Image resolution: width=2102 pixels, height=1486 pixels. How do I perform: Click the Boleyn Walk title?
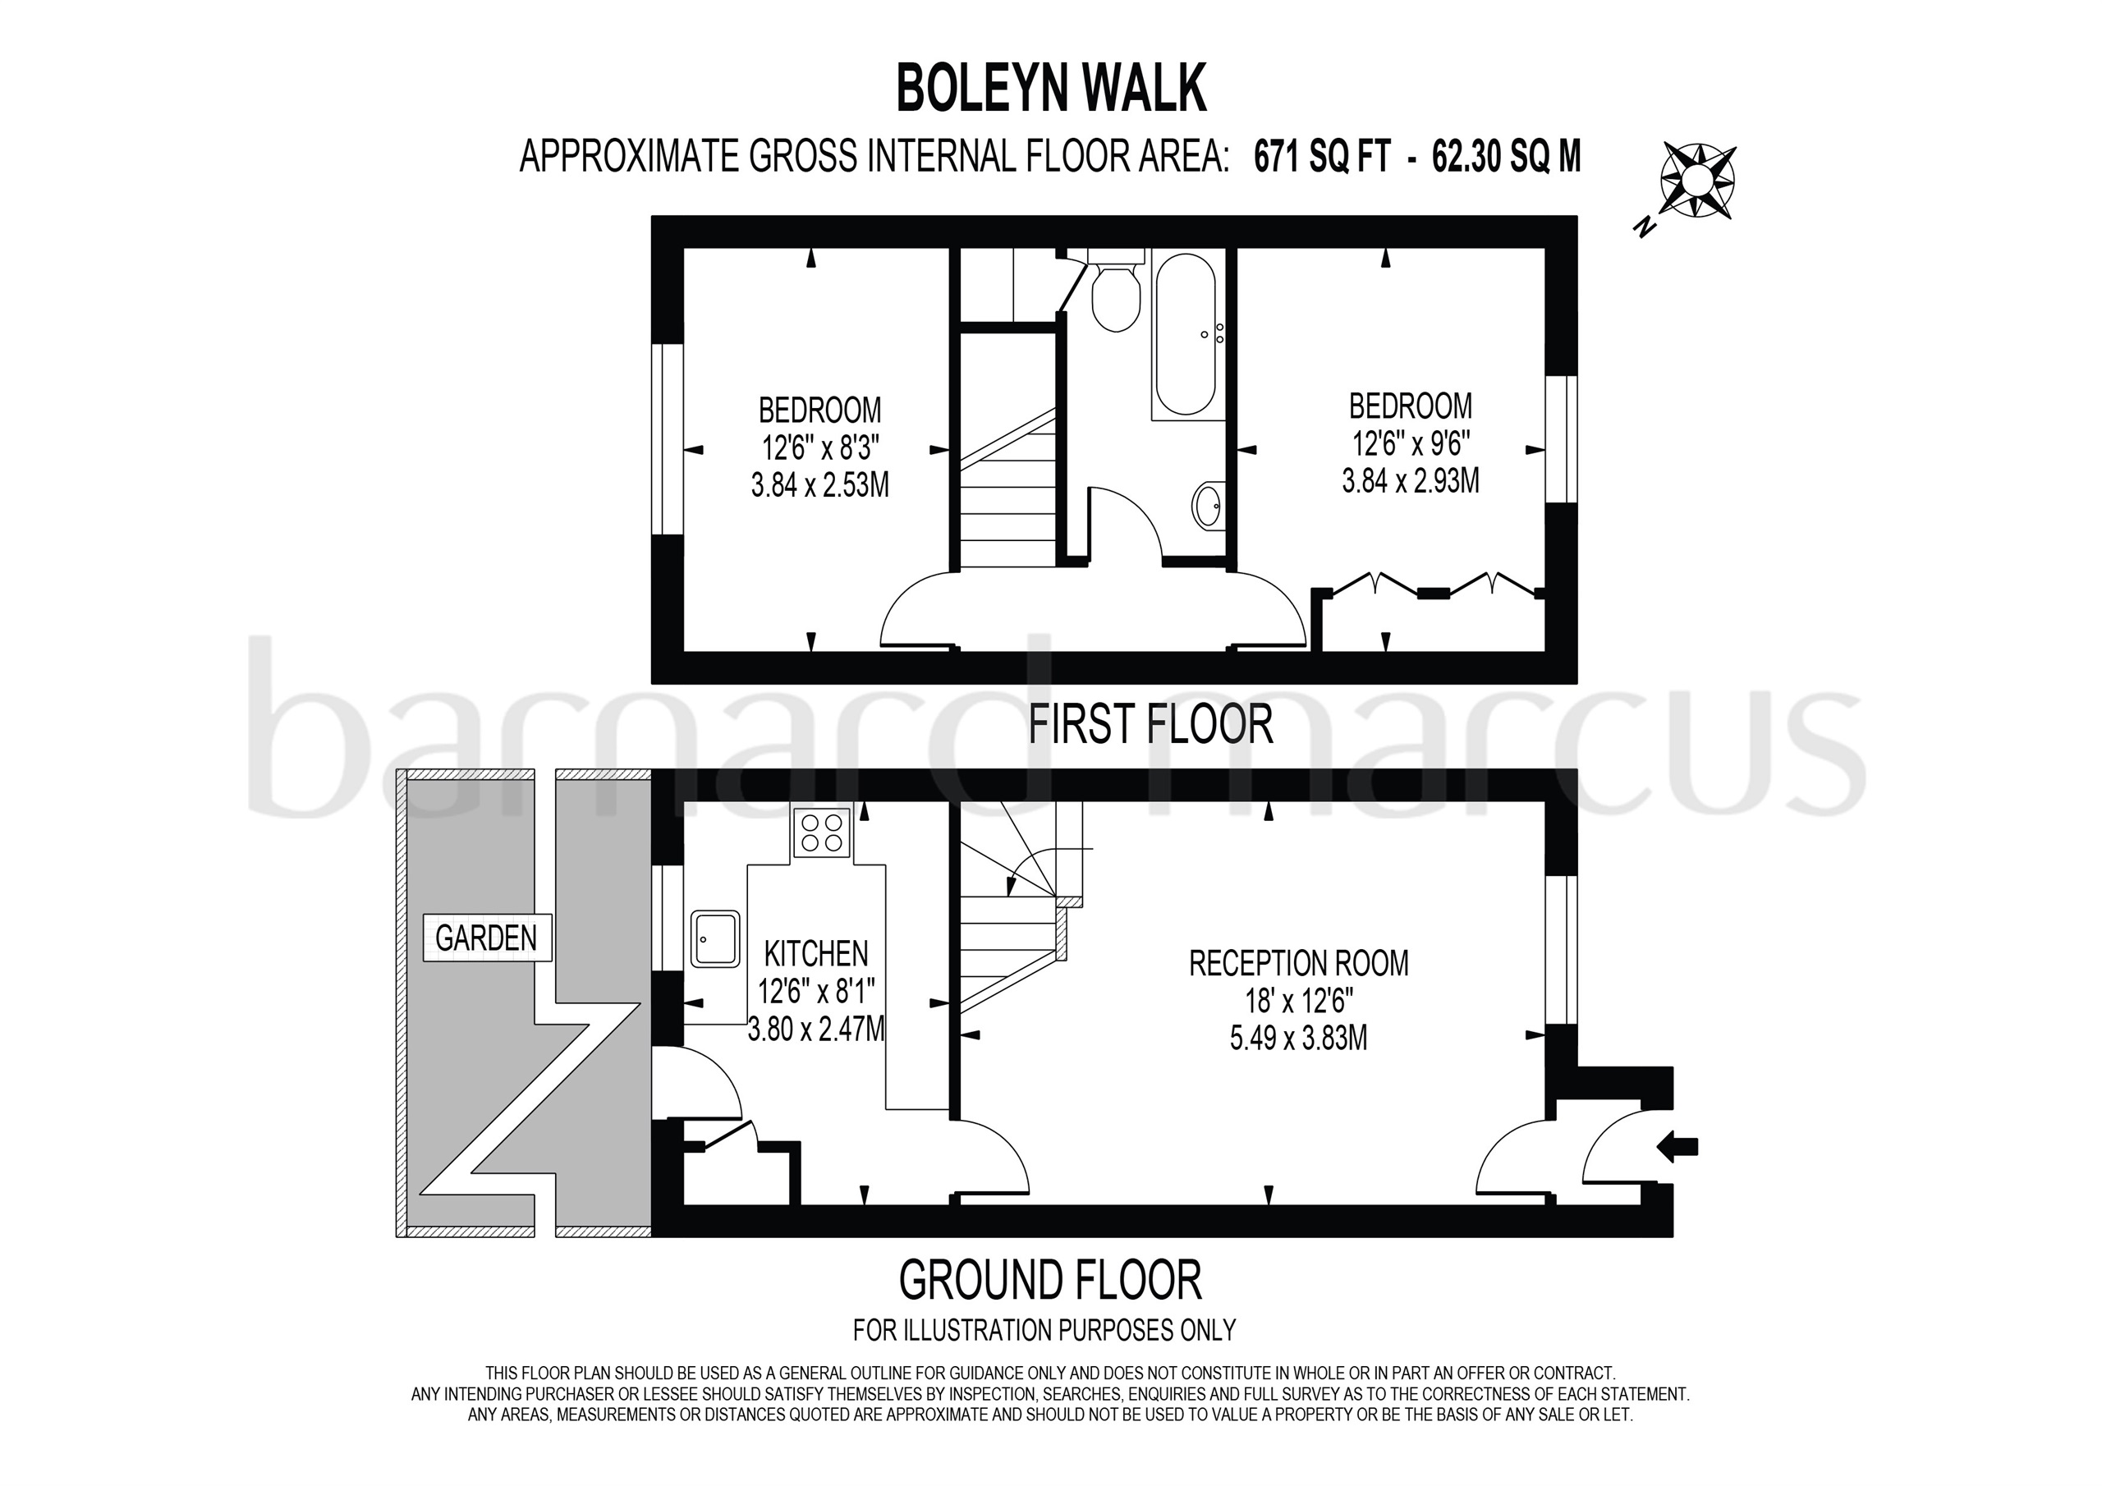pyautogui.click(x=1051, y=89)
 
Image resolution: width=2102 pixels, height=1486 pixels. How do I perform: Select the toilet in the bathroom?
pyautogui.click(x=1115, y=295)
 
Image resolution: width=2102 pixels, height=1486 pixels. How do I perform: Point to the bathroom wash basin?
pyautogui.click(x=1209, y=504)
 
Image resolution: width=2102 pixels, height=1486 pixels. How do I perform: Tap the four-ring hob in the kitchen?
pyautogui.click(x=821, y=832)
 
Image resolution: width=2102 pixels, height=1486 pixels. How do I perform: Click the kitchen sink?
pyautogui.click(x=715, y=938)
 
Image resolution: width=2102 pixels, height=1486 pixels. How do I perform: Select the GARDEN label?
pyautogui.click(x=486, y=938)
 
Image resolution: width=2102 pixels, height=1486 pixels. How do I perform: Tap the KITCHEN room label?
pyautogui.click(x=815, y=953)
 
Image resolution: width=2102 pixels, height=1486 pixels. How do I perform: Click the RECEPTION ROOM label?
pyautogui.click(x=1298, y=963)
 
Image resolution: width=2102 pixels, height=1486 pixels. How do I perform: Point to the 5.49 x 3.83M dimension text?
pyautogui.click(x=1298, y=1039)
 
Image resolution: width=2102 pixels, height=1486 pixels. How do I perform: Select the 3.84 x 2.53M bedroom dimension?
pyautogui.click(x=819, y=484)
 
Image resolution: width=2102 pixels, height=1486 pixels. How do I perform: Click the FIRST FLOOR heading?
pyautogui.click(x=1151, y=724)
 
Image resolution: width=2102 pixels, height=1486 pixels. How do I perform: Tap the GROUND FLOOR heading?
pyautogui.click(x=1050, y=1279)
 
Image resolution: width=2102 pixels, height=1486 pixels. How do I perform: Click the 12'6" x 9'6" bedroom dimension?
pyautogui.click(x=1411, y=444)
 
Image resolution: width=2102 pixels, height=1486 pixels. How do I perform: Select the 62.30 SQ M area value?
pyautogui.click(x=1506, y=158)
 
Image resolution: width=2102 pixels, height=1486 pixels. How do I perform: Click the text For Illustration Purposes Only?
pyautogui.click(x=1044, y=1329)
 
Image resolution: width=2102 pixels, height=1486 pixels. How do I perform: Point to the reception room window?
pyautogui.click(x=1561, y=949)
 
